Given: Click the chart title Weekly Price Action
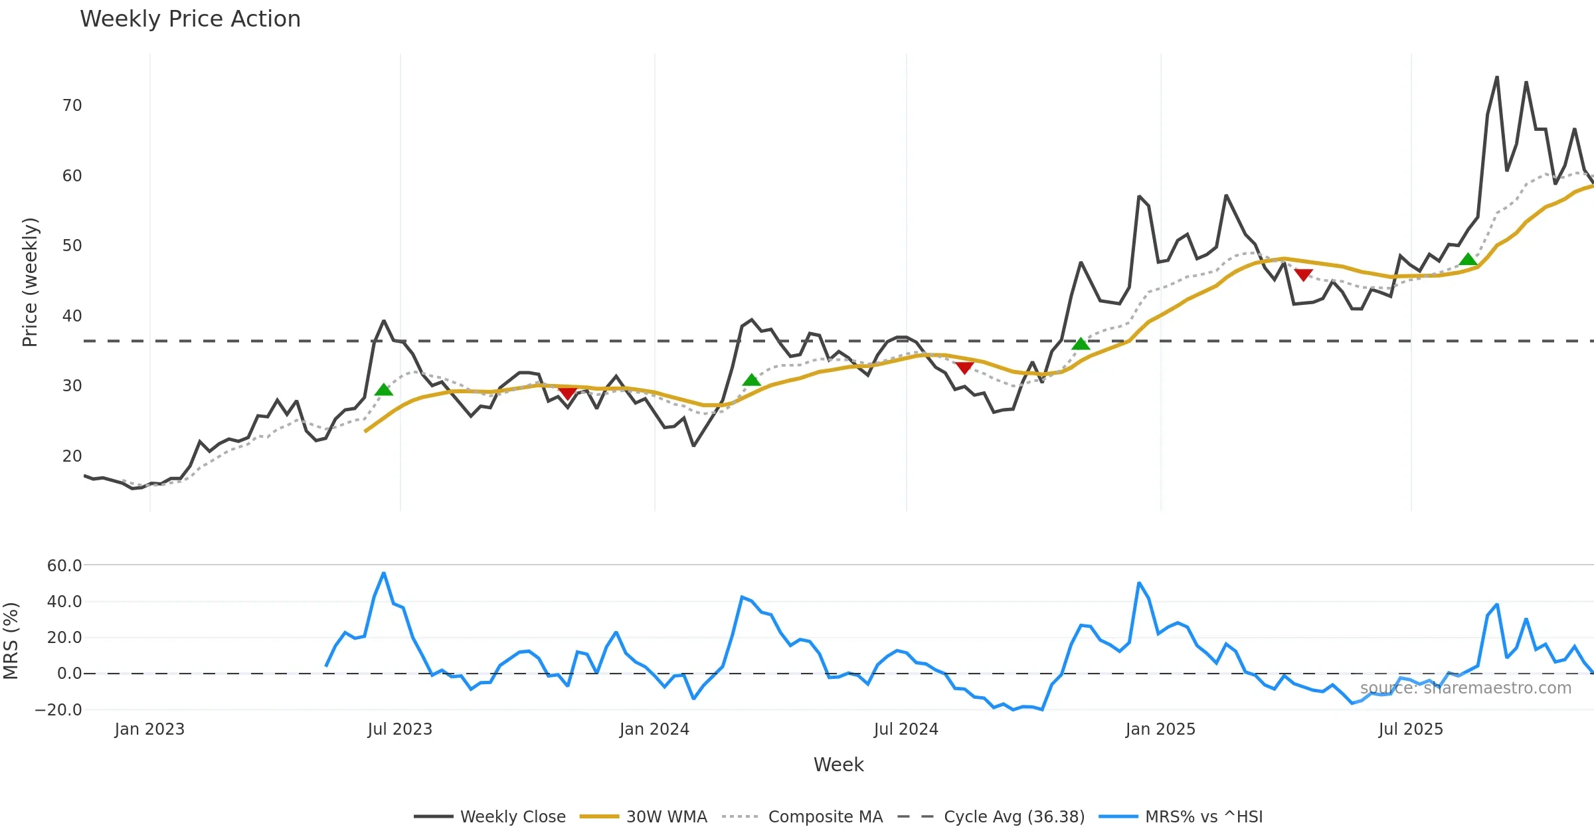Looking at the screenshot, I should click(x=190, y=19).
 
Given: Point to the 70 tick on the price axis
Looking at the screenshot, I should click(x=72, y=106).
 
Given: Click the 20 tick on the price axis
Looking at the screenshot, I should click(x=72, y=456).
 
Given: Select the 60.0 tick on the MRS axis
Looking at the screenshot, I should click(x=64, y=566).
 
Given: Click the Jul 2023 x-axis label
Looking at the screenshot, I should click(x=400, y=729).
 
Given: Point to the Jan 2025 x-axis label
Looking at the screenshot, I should click(x=1160, y=729).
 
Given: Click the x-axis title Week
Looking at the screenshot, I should click(x=838, y=765).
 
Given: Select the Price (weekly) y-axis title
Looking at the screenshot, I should click(x=30, y=282).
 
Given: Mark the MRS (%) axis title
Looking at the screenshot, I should click(x=11, y=640).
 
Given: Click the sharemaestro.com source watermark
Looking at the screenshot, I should click(x=1465, y=688).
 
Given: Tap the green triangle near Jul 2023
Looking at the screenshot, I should click(x=383, y=390).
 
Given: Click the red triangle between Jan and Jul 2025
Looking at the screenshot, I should click(x=1303, y=274).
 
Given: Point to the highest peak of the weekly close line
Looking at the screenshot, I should click(x=1497, y=77).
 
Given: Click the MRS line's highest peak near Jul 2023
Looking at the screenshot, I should click(x=383, y=573).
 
